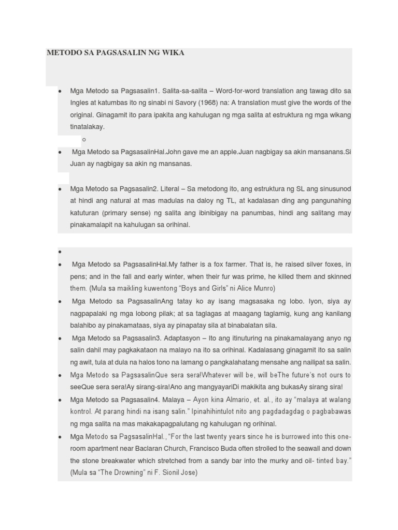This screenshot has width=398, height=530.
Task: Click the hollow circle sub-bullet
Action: (84, 139)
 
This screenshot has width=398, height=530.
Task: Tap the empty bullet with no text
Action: (61, 252)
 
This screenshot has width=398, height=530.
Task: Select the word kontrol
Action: (82, 412)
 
